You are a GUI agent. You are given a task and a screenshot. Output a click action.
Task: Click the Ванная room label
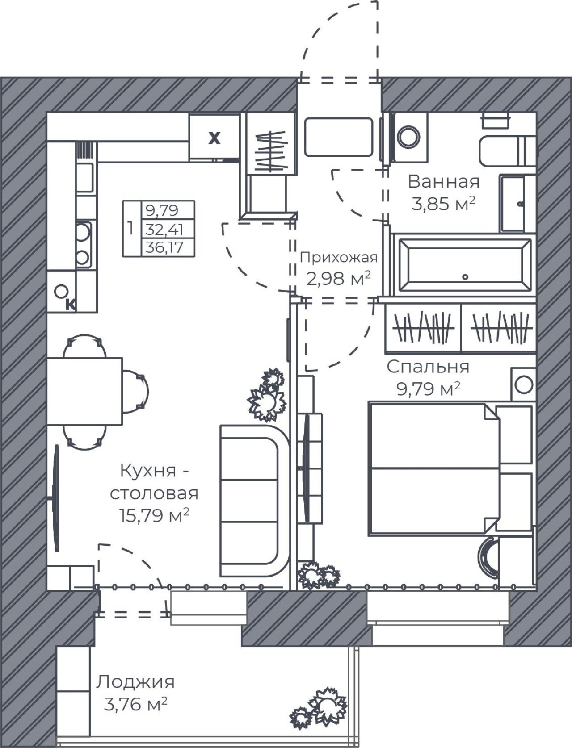click(x=443, y=182)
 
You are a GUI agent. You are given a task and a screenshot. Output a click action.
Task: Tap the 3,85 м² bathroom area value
click(x=443, y=204)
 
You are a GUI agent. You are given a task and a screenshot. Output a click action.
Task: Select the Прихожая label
click(x=339, y=258)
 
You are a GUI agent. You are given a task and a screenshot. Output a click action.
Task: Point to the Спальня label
click(x=428, y=367)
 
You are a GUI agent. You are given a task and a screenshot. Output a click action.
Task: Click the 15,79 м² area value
click(x=154, y=516)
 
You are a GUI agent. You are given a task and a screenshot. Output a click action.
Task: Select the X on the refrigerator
click(x=214, y=138)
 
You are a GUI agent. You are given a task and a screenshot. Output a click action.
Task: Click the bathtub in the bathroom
click(x=465, y=265)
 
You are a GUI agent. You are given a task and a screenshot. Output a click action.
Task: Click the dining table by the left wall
click(x=84, y=391)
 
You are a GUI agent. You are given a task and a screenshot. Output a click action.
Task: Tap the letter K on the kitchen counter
click(x=71, y=305)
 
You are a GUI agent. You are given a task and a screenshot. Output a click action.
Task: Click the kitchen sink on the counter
click(x=84, y=178)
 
